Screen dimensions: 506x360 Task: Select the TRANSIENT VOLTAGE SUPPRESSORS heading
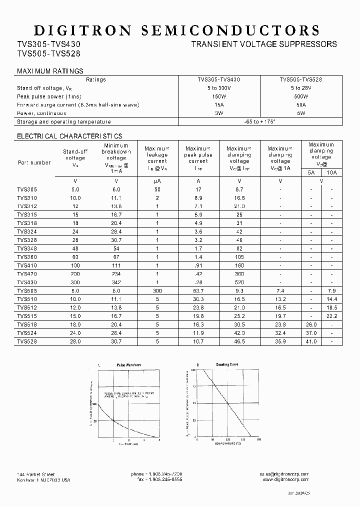264,44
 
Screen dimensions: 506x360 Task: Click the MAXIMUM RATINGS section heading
50,71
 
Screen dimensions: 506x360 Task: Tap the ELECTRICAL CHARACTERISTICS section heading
69,136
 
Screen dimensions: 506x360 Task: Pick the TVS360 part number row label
27,257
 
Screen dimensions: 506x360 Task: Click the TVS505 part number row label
27,290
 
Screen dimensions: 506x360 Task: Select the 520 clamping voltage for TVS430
239,282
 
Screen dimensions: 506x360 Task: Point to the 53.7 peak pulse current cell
198,290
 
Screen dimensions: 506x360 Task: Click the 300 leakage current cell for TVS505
157,290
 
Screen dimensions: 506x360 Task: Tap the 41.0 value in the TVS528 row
311,341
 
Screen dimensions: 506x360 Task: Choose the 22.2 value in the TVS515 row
331,316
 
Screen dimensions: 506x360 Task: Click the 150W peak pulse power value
219,96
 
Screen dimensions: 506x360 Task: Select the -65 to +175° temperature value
260,121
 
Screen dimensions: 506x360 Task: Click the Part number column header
34,162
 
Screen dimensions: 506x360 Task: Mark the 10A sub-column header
331,172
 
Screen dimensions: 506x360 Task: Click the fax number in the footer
157,480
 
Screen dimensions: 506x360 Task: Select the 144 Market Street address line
36,474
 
